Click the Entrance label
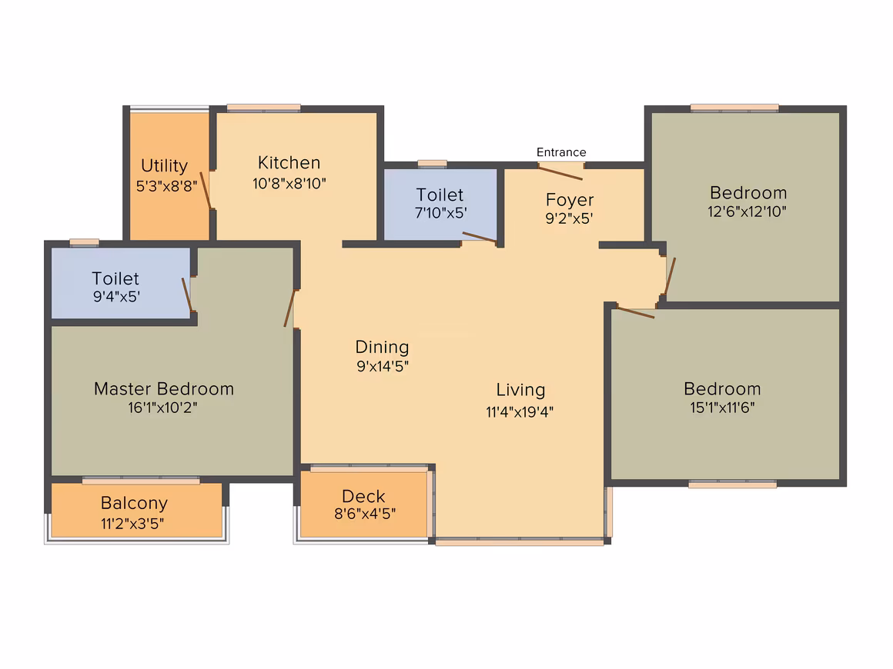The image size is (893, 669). pyautogui.click(x=561, y=152)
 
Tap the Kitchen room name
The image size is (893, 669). pyautogui.click(x=289, y=163)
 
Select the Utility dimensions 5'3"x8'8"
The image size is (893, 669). pyautogui.click(x=166, y=186)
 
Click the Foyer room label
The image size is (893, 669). pyautogui.click(x=570, y=200)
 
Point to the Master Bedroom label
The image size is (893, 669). pyautogui.click(x=164, y=388)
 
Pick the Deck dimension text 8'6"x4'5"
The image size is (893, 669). pyautogui.click(x=364, y=514)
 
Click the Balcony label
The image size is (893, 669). pyautogui.click(x=134, y=503)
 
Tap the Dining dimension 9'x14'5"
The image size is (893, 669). pyautogui.click(x=383, y=366)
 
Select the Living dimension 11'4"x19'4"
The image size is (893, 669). pyautogui.click(x=520, y=411)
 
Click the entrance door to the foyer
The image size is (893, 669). pyautogui.click(x=560, y=173)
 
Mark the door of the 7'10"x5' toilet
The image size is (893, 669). pyautogui.click(x=480, y=237)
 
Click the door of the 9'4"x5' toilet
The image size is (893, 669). pyautogui.click(x=187, y=295)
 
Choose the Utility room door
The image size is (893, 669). pyautogui.click(x=206, y=191)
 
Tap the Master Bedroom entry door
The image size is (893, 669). pyautogui.click(x=290, y=308)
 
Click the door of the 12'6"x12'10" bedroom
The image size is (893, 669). pyautogui.click(x=670, y=277)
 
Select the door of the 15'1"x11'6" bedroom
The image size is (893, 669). pyautogui.click(x=636, y=312)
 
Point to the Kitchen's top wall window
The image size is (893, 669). pyautogui.click(x=264, y=108)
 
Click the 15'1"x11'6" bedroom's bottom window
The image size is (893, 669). pyautogui.click(x=732, y=484)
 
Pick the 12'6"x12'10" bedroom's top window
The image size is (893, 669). pyautogui.click(x=734, y=108)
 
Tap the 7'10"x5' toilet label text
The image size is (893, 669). pyautogui.click(x=441, y=204)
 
